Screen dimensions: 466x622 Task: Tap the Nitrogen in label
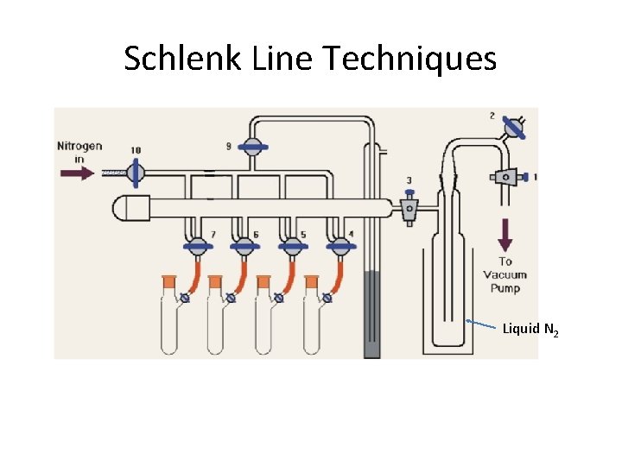point(79,151)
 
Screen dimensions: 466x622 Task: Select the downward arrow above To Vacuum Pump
point(505,234)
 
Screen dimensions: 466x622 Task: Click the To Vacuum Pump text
point(505,274)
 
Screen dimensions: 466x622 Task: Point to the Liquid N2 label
point(530,329)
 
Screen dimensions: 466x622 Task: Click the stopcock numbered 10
point(135,173)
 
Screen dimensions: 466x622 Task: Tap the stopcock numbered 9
point(252,147)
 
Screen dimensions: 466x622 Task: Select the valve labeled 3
point(409,206)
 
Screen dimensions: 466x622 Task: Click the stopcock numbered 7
point(200,247)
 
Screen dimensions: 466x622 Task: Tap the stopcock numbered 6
point(246,247)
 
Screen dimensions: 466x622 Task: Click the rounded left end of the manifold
point(125,207)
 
